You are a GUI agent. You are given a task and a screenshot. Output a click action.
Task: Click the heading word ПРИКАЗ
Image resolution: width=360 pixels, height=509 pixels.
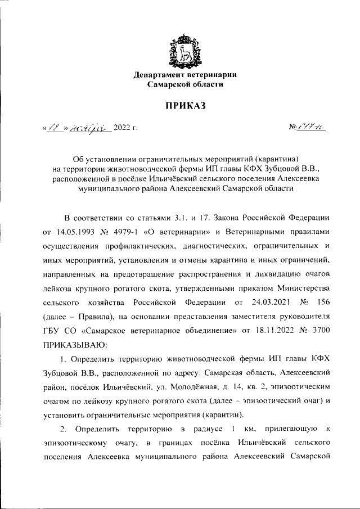click(x=181, y=105)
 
